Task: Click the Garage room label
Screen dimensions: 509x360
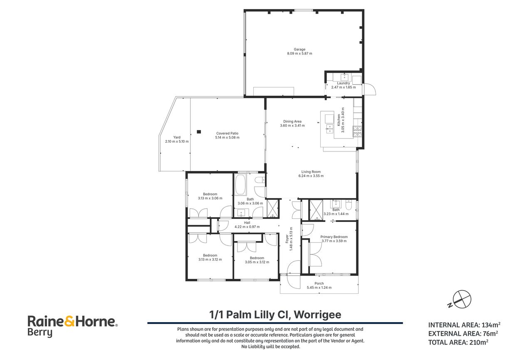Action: (x=299, y=50)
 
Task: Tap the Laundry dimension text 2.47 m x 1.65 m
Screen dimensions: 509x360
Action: (x=343, y=87)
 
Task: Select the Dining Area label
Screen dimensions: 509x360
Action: (x=292, y=122)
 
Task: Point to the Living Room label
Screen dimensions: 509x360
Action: (x=311, y=172)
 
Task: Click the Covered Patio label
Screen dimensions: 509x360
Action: (x=227, y=133)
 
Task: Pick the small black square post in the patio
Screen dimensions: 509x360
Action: (x=199, y=132)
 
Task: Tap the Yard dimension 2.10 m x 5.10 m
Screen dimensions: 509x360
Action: (x=177, y=142)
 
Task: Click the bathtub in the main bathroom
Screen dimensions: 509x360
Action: (x=240, y=185)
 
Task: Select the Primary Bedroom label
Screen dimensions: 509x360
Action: (x=334, y=237)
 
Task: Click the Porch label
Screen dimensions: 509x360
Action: (x=319, y=283)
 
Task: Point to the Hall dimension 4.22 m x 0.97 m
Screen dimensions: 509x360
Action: (x=247, y=227)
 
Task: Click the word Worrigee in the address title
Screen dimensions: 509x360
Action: (x=317, y=315)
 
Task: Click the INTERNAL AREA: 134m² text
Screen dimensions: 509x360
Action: (x=464, y=325)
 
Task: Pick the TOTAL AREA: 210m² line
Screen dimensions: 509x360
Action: (x=458, y=342)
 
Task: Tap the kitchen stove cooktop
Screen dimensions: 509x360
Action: (x=357, y=132)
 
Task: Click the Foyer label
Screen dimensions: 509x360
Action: (x=287, y=239)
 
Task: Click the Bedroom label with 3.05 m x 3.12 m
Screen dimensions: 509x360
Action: (x=257, y=258)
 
